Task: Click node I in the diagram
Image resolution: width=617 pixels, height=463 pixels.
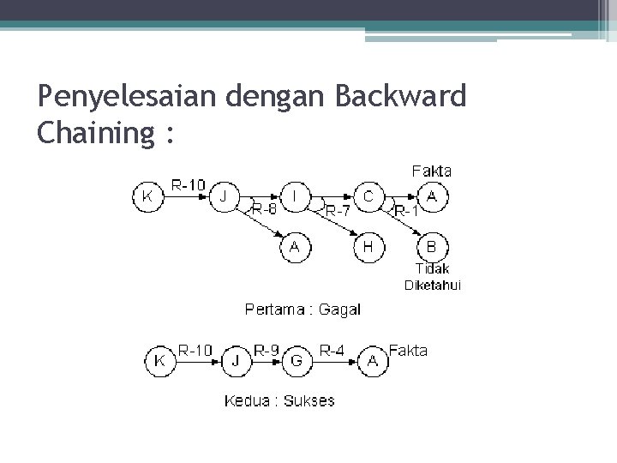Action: pos(296,196)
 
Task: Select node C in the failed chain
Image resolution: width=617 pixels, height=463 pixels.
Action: pos(368,196)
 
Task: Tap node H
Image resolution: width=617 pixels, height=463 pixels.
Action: pos(368,248)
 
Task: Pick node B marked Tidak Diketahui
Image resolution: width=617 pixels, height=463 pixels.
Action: pos(432,248)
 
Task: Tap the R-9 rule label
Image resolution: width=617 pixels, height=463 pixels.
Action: pos(267,350)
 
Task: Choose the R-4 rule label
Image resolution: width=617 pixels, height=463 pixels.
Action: pos(333,350)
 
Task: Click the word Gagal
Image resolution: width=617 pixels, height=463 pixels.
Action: pos(339,310)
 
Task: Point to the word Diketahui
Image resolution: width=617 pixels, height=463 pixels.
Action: pos(432,286)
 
